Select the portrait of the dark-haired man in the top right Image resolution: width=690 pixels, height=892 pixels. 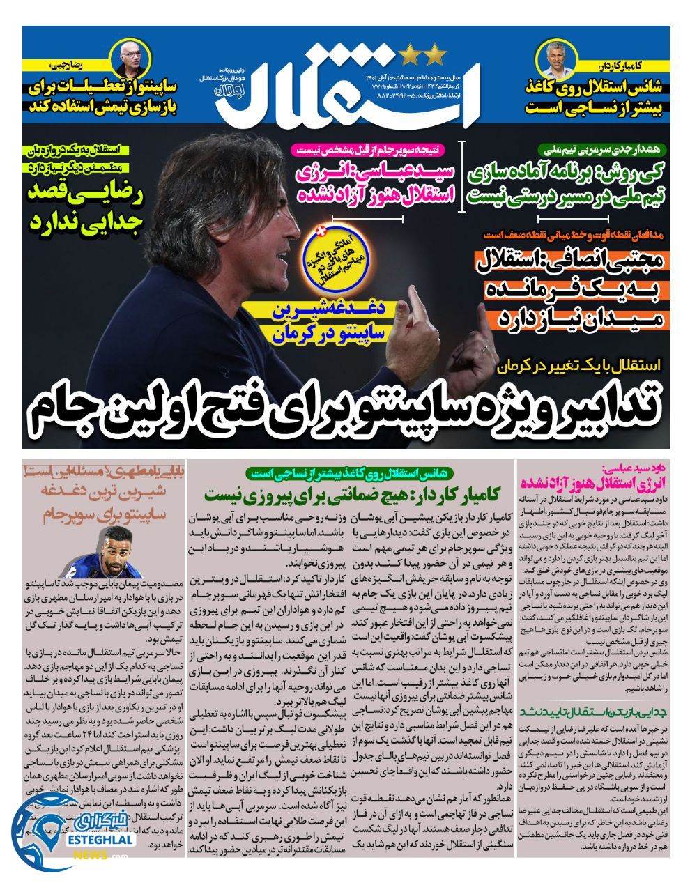pyautogui.click(x=562, y=60)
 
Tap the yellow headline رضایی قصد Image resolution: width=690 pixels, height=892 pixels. pyautogui.click(x=86, y=194)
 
